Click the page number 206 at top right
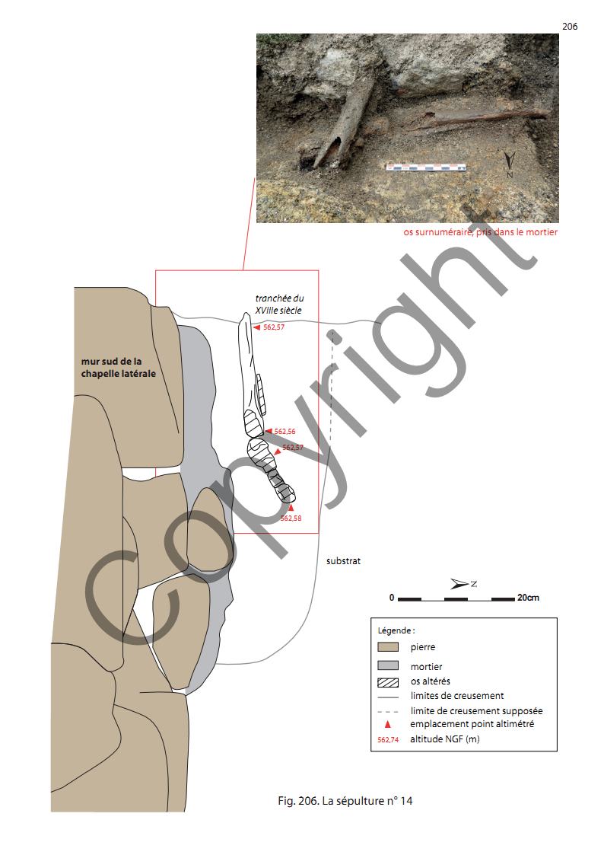click(570, 26)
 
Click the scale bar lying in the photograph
click(427, 167)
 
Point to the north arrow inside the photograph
click(509, 164)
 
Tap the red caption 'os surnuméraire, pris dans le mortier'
click(480, 232)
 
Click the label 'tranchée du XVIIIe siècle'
click(279, 305)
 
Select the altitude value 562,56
click(285, 432)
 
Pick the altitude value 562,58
click(291, 518)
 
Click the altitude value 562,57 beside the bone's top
click(273, 327)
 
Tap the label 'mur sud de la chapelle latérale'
click(118, 368)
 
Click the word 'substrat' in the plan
click(343, 561)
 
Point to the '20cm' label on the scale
click(528, 598)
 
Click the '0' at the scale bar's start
click(392, 598)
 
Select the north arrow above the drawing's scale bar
click(463, 584)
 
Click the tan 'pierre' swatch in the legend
click(388, 647)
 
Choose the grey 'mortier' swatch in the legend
click(388, 665)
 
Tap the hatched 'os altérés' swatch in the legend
click(388, 682)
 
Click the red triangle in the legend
click(388, 725)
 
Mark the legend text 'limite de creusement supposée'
click(476, 711)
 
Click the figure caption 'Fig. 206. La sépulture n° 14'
click(345, 800)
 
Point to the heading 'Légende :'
click(396, 630)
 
